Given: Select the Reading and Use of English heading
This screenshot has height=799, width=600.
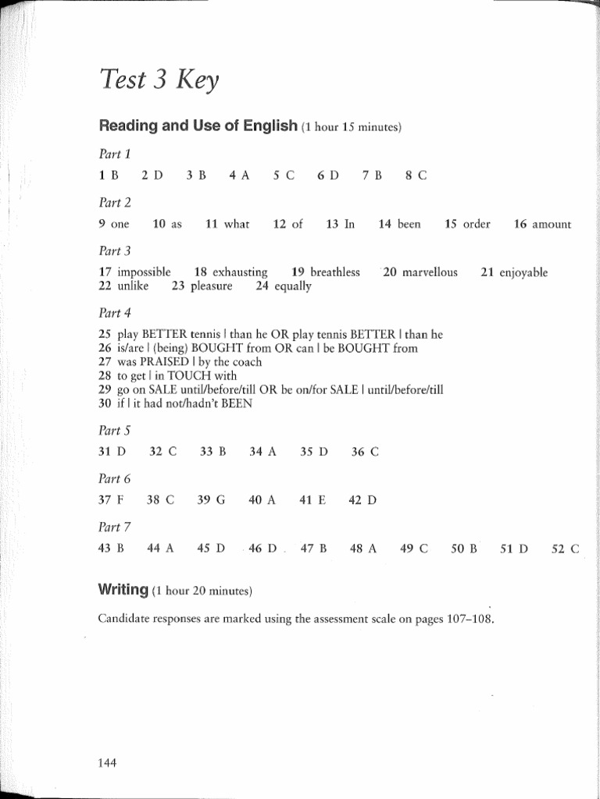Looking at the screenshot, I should pyautogui.click(x=198, y=126).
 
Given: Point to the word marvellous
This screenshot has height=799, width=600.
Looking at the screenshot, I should pyautogui.click(x=430, y=272).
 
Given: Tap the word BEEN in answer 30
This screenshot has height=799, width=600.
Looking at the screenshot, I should pyautogui.click(x=235, y=403).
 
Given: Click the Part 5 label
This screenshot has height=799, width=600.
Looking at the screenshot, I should pyautogui.click(x=115, y=430).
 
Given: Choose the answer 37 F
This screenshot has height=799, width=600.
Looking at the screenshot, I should pyautogui.click(x=112, y=499).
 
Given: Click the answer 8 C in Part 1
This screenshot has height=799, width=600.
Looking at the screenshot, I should pyautogui.click(x=416, y=176).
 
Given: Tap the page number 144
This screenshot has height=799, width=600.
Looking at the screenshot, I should pyautogui.click(x=107, y=763).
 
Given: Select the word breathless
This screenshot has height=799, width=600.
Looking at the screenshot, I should pyautogui.click(x=335, y=272).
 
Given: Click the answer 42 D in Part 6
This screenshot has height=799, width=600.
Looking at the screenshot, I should pyautogui.click(x=362, y=499).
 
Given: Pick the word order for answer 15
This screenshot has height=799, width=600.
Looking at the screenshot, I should pyautogui.click(x=477, y=225).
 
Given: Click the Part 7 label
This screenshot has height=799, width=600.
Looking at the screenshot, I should pyautogui.click(x=115, y=527).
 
